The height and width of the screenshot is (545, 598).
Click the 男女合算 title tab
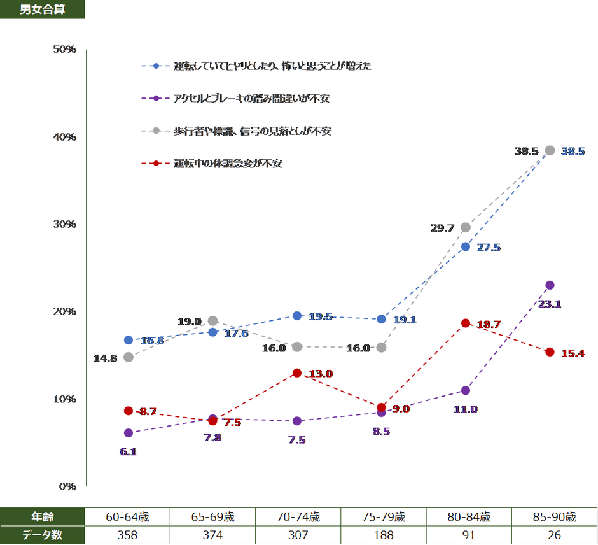[x=42, y=10]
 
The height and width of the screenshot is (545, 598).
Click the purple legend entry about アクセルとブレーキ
[x=251, y=98]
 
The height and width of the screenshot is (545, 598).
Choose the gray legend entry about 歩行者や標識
[x=252, y=131]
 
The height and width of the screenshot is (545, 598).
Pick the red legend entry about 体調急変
[x=228, y=163]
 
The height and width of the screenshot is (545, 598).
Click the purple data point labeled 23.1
[x=550, y=285]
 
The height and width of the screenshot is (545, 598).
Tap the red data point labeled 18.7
[x=466, y=323]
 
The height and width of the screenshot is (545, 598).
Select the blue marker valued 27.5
[x=466, y=246]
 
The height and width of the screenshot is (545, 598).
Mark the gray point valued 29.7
[x=466, y=227]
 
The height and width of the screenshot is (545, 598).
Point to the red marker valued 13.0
[x=297, y=373]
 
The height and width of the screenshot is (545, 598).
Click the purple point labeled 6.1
[x=129, y=433]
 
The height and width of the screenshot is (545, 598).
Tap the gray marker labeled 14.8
[x=129, y=357]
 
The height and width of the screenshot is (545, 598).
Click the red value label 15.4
[x=573, y=353]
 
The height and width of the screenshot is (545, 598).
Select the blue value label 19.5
[x=321, y=316]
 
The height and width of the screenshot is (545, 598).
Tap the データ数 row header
[x=42, y=535]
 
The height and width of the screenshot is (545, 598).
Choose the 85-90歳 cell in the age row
[x=554, y=516]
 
